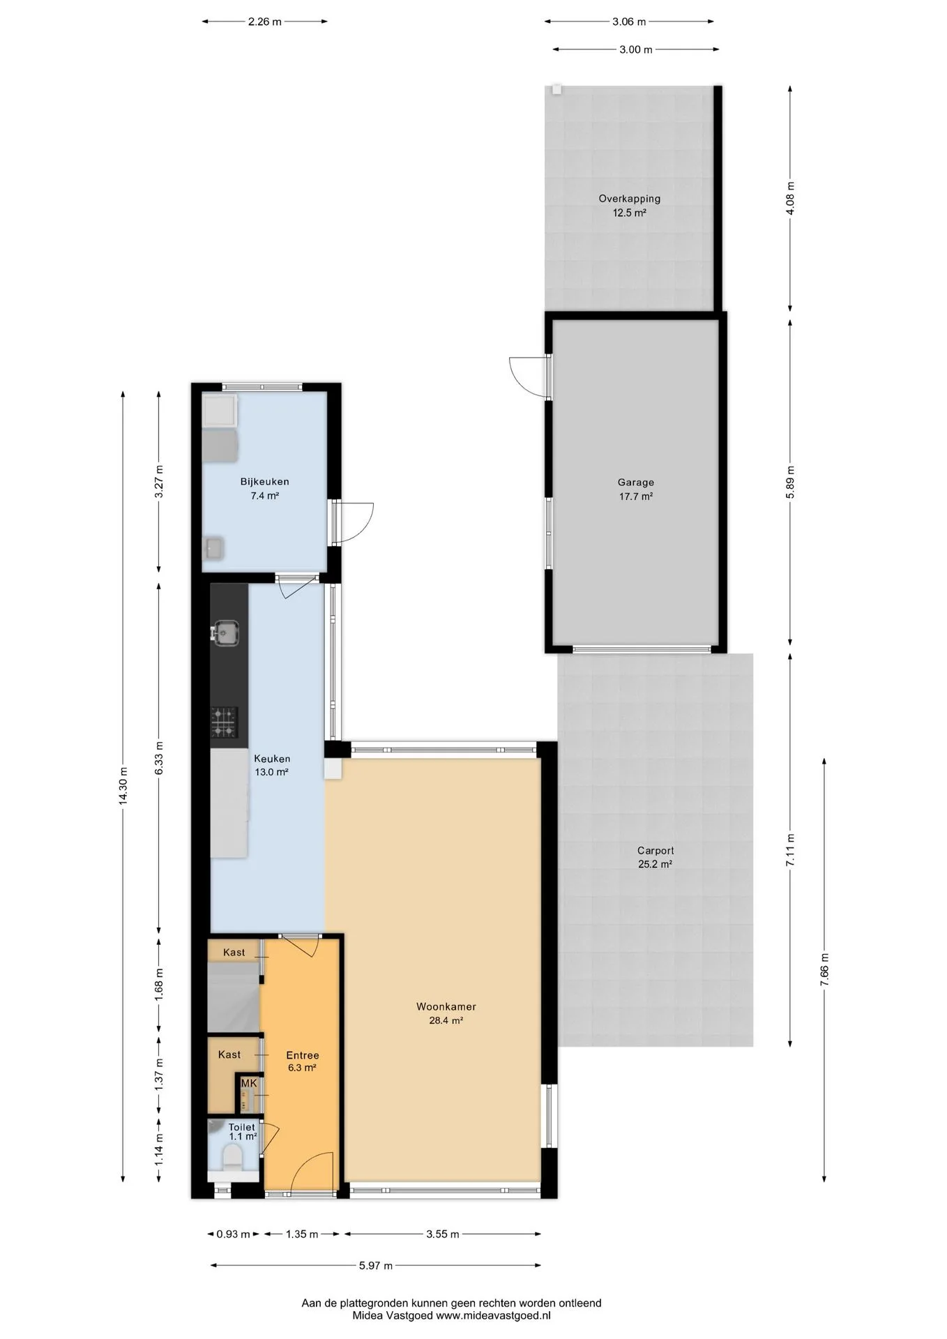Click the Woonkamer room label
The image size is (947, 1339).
tap(446, 1006)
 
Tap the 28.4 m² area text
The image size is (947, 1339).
tap(446, 1020)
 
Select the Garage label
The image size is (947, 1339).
tap(635, 482)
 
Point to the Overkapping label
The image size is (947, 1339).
tap(629, 199)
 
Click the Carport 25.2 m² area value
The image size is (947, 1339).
tap(655, 864)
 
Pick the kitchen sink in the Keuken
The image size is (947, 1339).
tap(226, 633)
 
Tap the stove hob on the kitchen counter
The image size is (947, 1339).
tap(225, 723)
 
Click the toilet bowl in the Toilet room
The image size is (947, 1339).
tap(230, 1160)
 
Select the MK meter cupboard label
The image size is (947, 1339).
tap(248, 1084)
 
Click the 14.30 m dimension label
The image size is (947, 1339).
tap(123, 786)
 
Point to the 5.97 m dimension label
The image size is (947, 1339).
tap(375, 1266)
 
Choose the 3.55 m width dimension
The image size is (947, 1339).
tap(442, 1234)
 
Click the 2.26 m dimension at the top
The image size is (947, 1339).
tap(264, 22)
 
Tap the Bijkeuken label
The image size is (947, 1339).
tap(264, 482)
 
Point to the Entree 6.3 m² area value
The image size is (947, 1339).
tap(302, 1068)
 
